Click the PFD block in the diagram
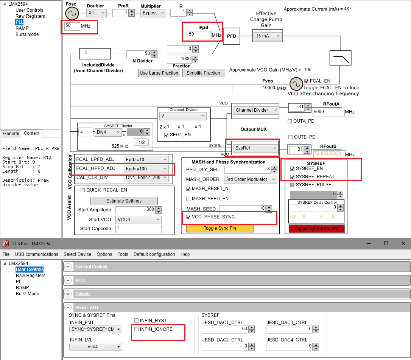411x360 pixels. [x=231, y=36]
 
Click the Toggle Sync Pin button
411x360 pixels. [x=220, y=228]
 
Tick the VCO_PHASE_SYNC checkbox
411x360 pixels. [x=188, y=217]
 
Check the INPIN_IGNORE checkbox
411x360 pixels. [x=137, y=329]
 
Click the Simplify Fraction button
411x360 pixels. [x=203, y=73]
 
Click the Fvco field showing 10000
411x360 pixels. [x=254, y=88]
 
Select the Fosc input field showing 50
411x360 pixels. [x=72, y=26]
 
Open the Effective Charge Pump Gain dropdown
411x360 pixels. [x=268, y=36]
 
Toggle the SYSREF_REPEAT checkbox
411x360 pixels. [x=293, y=177]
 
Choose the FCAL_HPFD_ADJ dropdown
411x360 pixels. [x=146, y=168]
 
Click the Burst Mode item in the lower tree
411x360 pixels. [x=27, y=294]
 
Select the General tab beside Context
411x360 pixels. [x=11, y=133]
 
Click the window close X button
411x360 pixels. [x=402, y=243]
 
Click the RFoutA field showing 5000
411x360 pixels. [x=328, y=112]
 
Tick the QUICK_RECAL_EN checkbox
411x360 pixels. [x=83, y=190]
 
